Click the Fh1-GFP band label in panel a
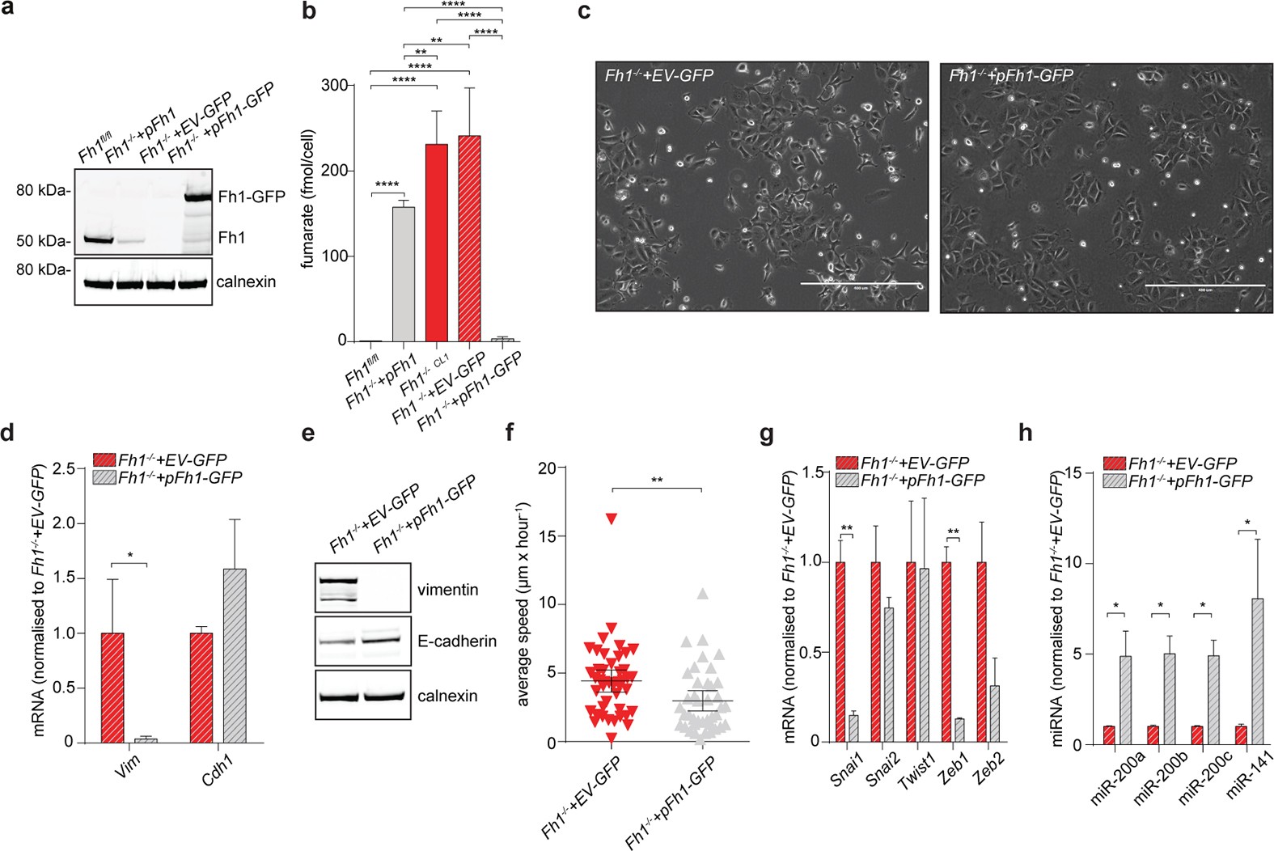coord(251,197)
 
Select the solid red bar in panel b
coord(437,243)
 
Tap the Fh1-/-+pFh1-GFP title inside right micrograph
coord(1010,76)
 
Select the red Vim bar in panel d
coord(112,687)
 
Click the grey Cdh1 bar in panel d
coord(235,655)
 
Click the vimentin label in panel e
coord(447,590)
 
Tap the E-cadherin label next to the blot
coord(457,641)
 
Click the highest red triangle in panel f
coord(612,519)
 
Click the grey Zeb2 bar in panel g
coord(994,713)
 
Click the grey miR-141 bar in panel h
coord(1256,671)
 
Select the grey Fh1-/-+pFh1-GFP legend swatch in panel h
coord(1114,481)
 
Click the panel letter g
coord(766,434)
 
